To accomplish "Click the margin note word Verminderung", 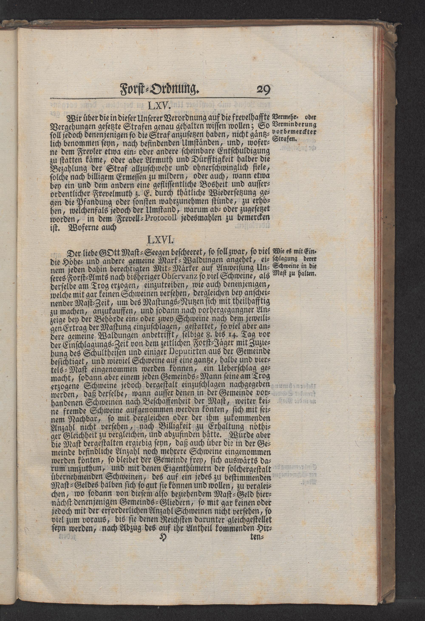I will [294, 125].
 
